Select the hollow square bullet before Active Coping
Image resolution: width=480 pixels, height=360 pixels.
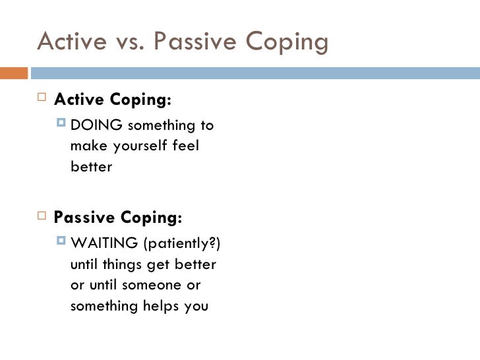click(42, 100)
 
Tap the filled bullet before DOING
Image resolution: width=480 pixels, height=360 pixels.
click(62, 124)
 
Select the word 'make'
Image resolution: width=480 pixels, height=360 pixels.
click(86, 146)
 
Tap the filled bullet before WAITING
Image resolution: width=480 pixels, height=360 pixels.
click(62, 243)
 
